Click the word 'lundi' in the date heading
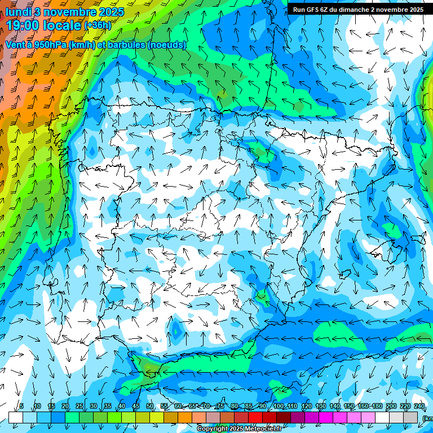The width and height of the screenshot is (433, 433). click(x=18, y=12)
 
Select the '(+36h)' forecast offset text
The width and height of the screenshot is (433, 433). click(x=98, y=25)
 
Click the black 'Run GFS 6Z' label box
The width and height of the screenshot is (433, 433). click(x=358, y=10)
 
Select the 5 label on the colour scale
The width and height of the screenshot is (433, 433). click(x=21, y=406)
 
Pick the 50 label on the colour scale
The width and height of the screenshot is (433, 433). click(x=149, y=406)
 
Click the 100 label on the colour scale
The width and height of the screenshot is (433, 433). click(x=278, y=406)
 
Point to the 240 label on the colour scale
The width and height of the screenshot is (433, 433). click(x=419, y=406)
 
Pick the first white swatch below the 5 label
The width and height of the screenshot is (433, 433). click(x=15, y=417)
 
